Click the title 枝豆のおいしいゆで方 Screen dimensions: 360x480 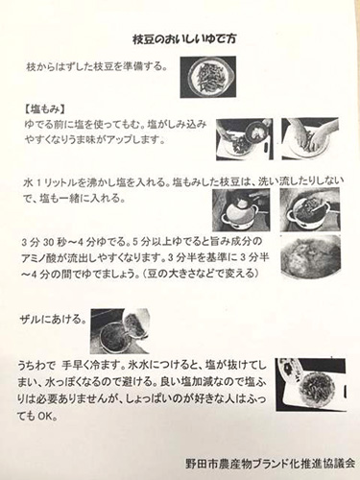pos(184,40)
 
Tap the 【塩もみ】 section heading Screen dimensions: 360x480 pos(45,109)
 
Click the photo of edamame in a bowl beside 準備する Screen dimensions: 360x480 pos(208,77)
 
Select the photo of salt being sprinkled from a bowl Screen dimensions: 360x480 pos(245,139)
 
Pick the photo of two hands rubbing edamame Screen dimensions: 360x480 pos(310,138)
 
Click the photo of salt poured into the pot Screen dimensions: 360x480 pos(241,209)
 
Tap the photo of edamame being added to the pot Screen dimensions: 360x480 pos(310,209)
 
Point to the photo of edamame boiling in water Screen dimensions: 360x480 pos(310,257)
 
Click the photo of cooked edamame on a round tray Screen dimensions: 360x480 pos(311,385)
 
